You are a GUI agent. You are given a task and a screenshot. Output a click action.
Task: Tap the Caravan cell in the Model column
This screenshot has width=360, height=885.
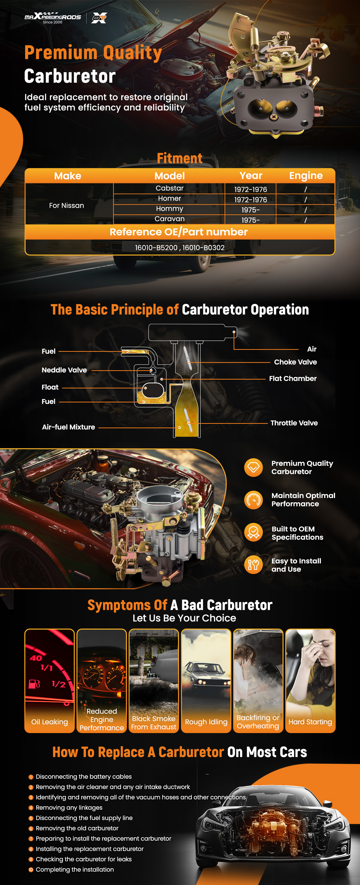169,219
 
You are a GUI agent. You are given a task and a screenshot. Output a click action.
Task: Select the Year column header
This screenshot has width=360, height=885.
251,176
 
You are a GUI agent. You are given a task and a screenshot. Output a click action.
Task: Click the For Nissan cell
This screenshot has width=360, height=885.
66,206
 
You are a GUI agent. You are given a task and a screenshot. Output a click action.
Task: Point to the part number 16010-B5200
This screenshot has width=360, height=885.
156,248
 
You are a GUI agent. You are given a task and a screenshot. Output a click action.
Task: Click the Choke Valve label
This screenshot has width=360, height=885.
295,362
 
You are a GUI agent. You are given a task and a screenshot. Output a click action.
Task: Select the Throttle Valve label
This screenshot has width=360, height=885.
294,423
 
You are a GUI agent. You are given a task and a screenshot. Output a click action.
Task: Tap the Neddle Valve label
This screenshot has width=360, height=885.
64,370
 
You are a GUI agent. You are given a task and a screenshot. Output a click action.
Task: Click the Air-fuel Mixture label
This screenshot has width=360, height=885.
68,427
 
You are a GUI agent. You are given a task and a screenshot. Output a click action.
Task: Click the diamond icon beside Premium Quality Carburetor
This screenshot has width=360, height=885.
254,468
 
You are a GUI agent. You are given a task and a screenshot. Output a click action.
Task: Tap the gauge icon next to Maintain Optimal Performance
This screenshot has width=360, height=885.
254,500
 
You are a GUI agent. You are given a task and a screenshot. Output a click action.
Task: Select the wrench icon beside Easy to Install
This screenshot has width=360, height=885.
254,564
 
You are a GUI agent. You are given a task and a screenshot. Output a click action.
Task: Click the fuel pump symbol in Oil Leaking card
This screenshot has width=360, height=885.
34,684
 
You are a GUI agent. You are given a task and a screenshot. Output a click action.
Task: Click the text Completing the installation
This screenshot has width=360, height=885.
75,870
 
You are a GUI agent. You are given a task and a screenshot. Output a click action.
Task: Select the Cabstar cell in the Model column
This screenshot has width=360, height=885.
169,188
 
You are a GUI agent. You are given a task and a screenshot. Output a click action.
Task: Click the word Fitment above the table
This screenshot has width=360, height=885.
180,158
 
